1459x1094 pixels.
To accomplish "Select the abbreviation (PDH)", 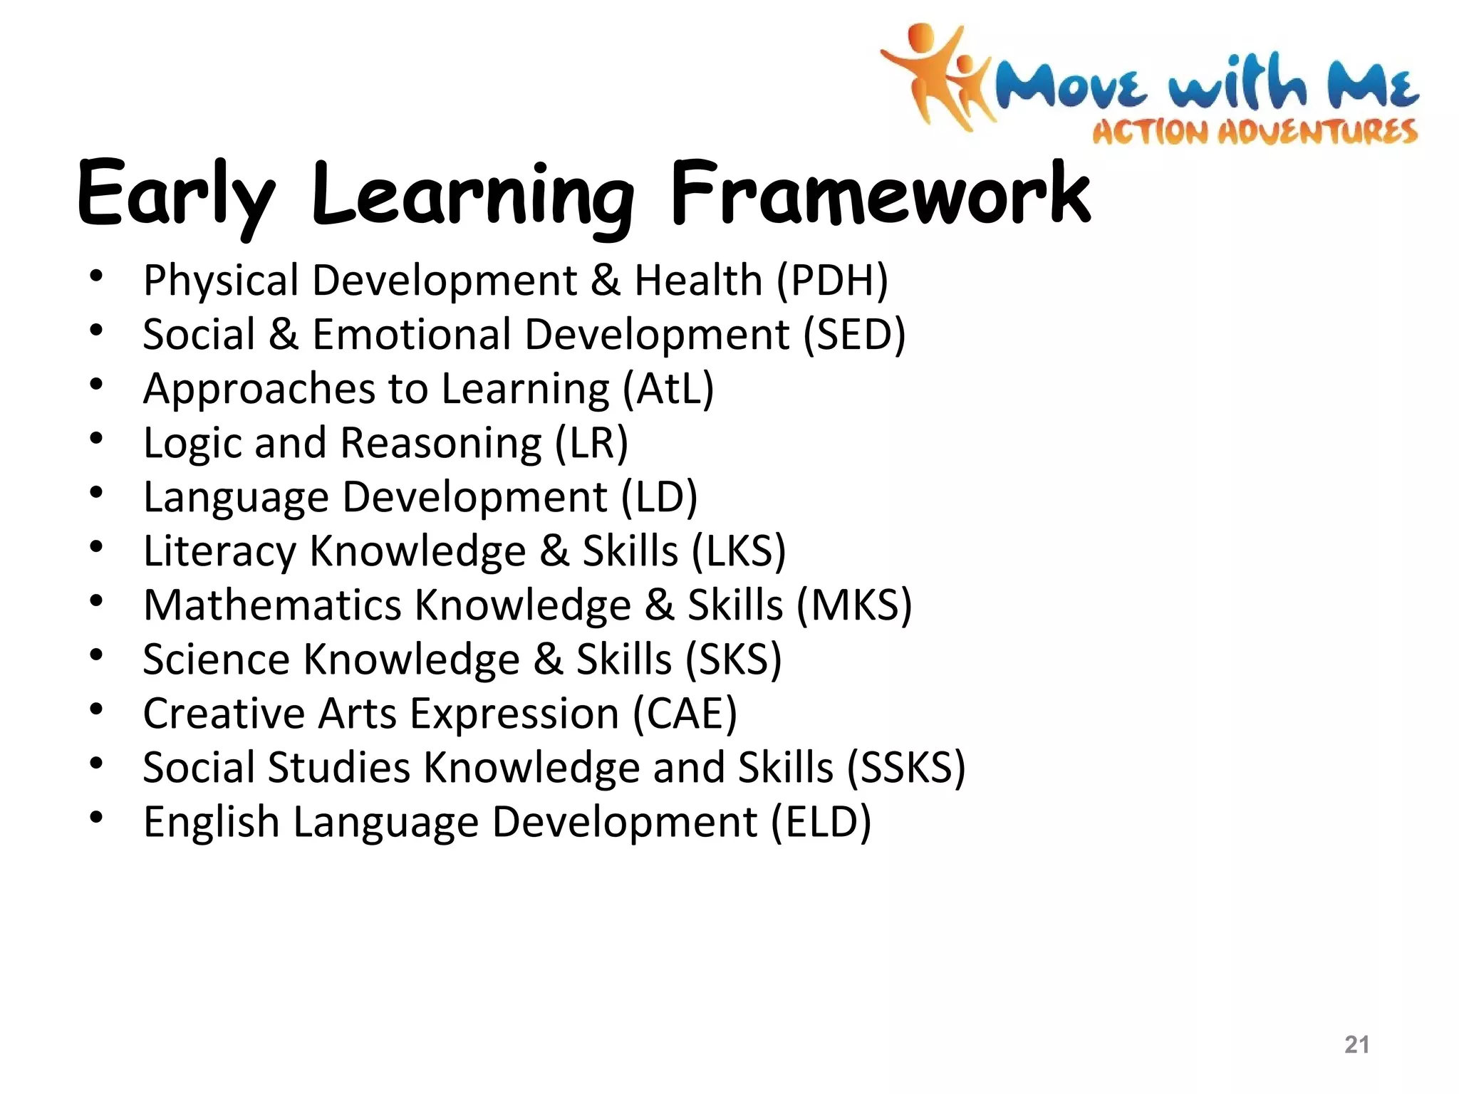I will pyautogui.click(x=832, y=280).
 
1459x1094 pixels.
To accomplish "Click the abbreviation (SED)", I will pyautogui.click(x=854, y=334).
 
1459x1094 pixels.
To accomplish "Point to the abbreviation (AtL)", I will pyautogui.click(x=668, y=389).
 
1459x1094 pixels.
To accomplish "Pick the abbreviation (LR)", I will pyautogui.click(x=591, y=443).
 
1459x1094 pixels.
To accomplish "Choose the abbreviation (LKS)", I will pyautogui.click(x=739, y=551).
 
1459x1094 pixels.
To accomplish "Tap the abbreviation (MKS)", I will pyautogui.click(x=853, y=605).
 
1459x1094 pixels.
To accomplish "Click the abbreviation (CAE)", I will pyautogui.click(x=685, y=714).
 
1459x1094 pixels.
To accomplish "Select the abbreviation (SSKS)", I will pyautogui.click(x=905, y=768).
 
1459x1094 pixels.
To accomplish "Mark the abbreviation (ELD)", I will pyautogui.click(x=821, y=822).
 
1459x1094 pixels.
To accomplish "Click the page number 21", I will pyautogui.click(x=1356, y=1044).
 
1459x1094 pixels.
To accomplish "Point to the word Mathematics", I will pyautogui.click(x=273, y=605).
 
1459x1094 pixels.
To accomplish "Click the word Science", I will pyautogui.click(x=217, y=660).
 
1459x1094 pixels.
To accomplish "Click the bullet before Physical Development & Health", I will pyautogui.click(x=97, y=276).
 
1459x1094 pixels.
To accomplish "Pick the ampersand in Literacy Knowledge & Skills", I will pyautogui.click(x=555, y=551).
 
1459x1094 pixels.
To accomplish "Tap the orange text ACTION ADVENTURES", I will pyautogui.click(x=1255, y=132).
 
